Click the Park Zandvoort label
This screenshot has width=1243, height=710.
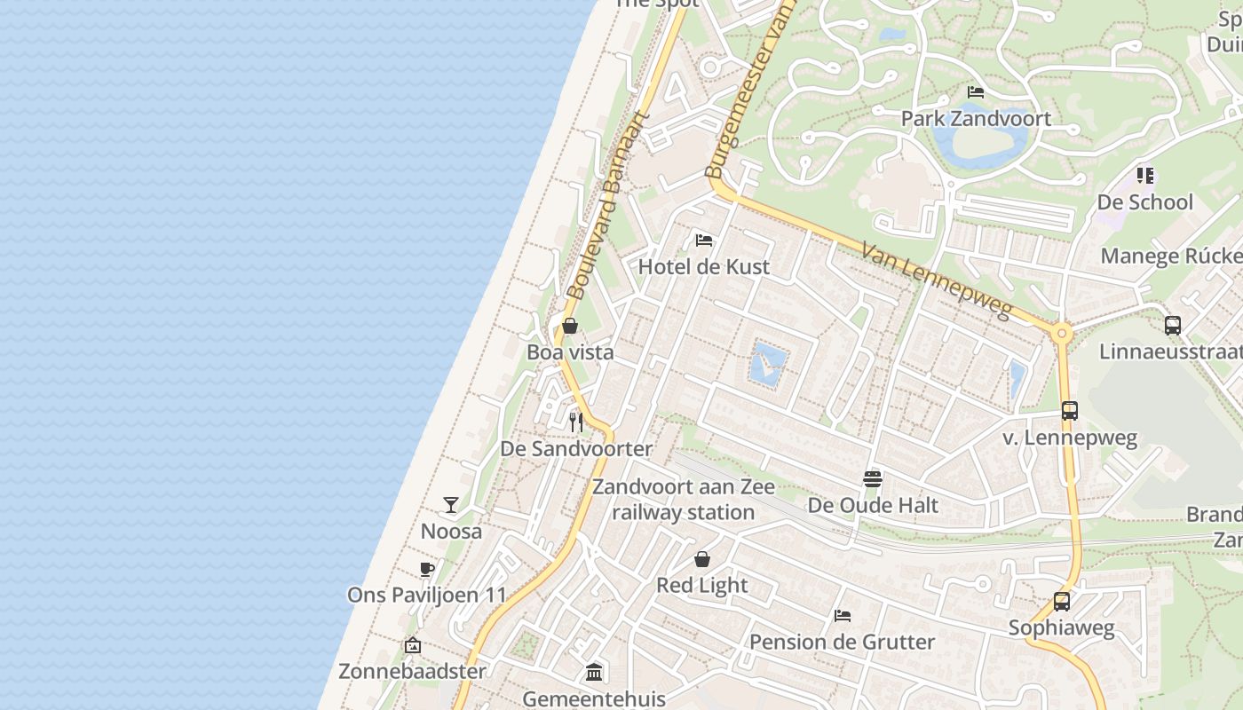tap(976, 119)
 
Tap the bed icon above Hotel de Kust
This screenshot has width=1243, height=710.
tap(704, 241)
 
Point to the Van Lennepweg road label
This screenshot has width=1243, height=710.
tap(937, 280)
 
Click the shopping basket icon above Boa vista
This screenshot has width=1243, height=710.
tap(570, 326)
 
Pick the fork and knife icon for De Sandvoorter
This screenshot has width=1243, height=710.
tap(576, 422)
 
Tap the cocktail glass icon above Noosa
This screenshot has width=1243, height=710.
tap(451, 505)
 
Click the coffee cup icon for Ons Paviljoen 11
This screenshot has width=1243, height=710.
tap(427, 569)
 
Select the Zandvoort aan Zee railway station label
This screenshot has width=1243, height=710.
tap(683, 500)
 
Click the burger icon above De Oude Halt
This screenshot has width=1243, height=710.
tap(873, 479)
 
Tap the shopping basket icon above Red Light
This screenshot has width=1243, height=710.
tap(702, 559)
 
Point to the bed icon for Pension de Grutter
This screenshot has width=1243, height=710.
tap(843, 615)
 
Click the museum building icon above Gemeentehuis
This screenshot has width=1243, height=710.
tap(594, 672)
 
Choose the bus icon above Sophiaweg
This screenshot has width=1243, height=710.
tap(1061, 601)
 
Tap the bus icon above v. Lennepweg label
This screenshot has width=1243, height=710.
tap(1070, 411)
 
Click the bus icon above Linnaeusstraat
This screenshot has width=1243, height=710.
tap(1173, 325)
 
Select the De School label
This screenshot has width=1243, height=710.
tap(1144, 202)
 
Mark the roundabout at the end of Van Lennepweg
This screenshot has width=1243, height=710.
tap(1061, 335)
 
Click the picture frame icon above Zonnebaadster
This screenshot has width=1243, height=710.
tap(412, 645)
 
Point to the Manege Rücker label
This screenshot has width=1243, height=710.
tap(1171, 256)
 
